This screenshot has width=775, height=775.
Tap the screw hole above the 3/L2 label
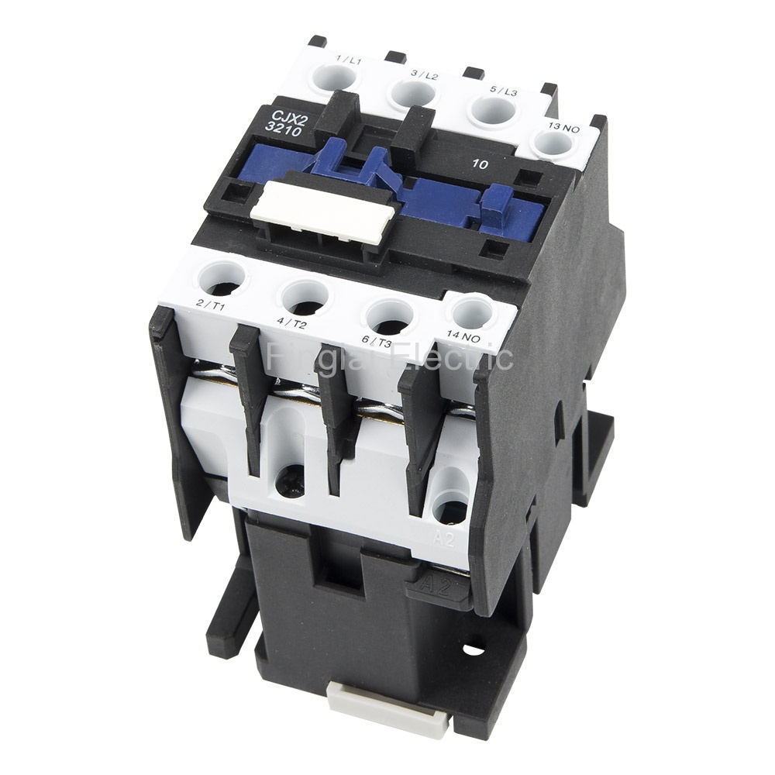(x=414, y=92)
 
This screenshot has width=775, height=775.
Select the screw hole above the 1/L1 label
(x=336, y=77)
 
